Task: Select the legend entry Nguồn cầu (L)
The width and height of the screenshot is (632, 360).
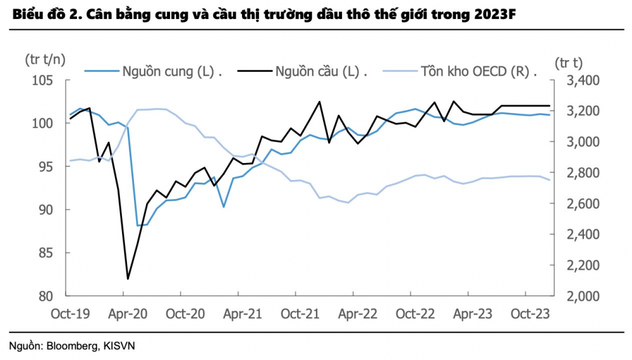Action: pyautogui.click(x=317, y=71)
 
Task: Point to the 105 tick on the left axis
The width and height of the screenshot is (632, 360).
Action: pyautogui.click(x=47, y=80)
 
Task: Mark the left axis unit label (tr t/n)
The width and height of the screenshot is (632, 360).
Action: pyautogui.click(x=44, y=60)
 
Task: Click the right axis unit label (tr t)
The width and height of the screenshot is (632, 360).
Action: pyautogui.click(x=568, y=63)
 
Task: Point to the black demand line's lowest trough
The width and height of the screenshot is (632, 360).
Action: pyautogui.click(x=128, y=279)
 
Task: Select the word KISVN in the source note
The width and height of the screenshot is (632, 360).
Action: pyautogui.click(x=121, y=345)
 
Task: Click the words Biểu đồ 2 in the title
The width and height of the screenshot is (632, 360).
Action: pyautogui.click(x=37, y=15)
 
